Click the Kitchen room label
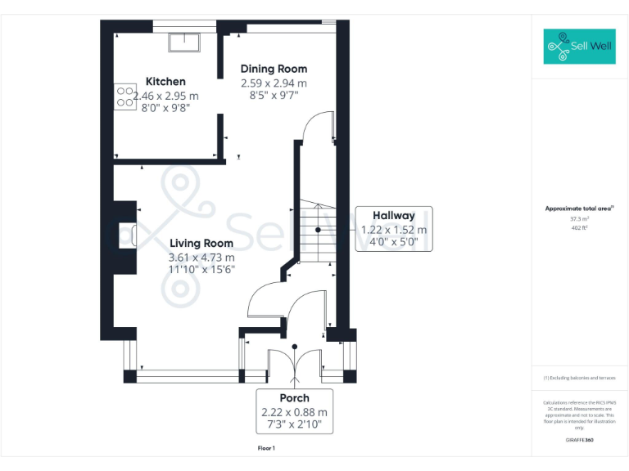pos(165,82)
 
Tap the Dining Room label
pos(274,70)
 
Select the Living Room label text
pos(201,243)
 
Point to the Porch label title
pos(294,398)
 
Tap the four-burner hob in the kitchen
pos(125,97)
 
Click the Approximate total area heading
pos(579,209)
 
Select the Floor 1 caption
pos(266,448)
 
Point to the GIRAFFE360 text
pos(579,441)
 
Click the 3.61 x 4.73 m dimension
pos(201,257)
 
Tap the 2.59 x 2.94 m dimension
pos(274,83)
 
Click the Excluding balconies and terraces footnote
pos(579,378)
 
